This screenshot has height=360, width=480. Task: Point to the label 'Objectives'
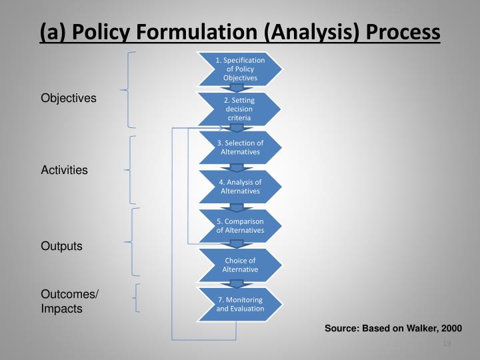tap(69, 98)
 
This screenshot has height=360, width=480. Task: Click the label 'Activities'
tap(65, 170)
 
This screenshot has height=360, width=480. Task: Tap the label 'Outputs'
tap(62, 246)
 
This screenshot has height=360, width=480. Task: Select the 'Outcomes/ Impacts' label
tap(70, 301)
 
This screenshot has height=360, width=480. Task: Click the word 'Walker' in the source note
tap(418, 329)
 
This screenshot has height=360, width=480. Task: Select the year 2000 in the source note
tap(451, 329)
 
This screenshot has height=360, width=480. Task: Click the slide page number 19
tap(447, 344)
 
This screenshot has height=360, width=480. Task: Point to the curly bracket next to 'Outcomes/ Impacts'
tap(136, 298)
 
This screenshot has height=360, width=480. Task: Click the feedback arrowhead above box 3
tap(223, 128)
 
